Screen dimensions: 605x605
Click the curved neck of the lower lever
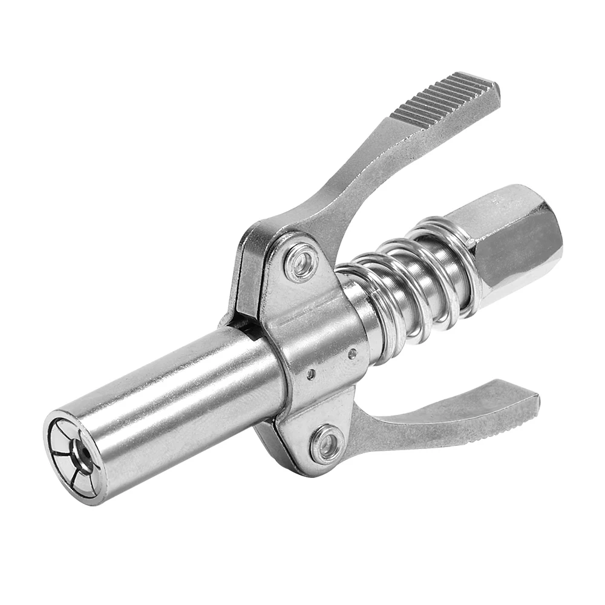click(387, 423)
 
